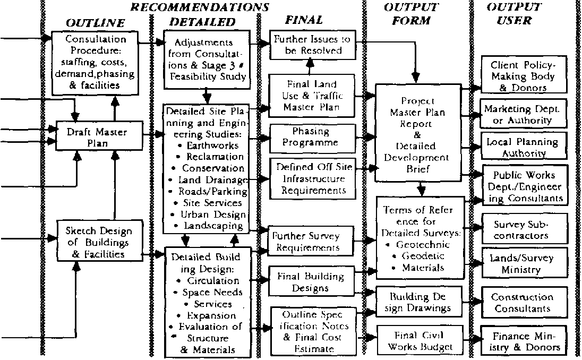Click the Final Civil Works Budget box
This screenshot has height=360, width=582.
(x=420, y=341)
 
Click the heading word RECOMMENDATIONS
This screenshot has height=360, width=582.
(x=200, y=7)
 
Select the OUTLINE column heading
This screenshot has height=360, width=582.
(x=95, y=23)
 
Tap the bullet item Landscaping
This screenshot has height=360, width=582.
(x=212, y=226)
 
